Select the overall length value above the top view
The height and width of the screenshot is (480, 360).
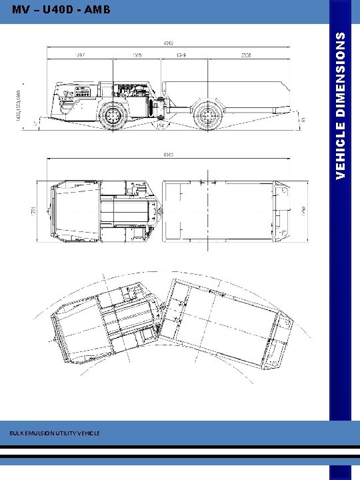[x=169, y=155]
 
